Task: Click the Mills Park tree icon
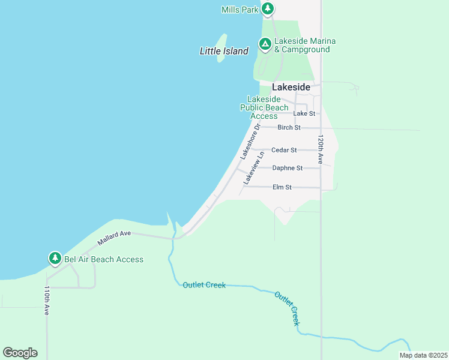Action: tap(268, 9)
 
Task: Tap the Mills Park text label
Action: tap(240, 10)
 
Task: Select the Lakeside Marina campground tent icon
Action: tap(265, 43)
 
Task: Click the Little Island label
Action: tap(224, 52)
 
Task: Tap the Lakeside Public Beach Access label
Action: tap(264, 107)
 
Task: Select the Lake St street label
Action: tap(304, 113)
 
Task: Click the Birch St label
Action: tap(289, 127)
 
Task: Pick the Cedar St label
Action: tap(284, 150)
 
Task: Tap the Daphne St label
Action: tap(287, 168)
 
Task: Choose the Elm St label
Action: tap(282, 187)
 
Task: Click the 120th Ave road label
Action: tap(321, 149)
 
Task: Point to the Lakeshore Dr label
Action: tap(250, 142)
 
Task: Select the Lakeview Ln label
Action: tap(253, 168)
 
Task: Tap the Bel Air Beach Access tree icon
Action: tap(55, 258)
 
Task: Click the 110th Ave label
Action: tap(47, 300)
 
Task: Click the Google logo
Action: tap(20, 352)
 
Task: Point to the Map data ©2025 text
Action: tap(423, 355)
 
